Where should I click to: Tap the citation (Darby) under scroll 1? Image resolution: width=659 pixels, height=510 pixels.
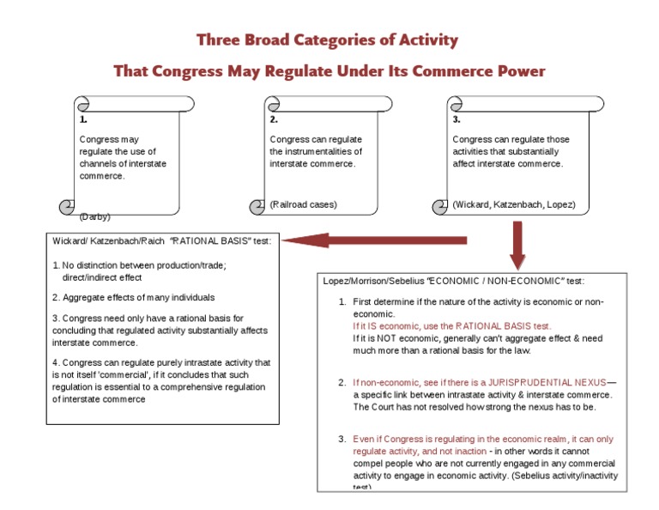tap(94, 216)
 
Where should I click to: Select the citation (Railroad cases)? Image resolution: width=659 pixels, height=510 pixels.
tap(303, 204)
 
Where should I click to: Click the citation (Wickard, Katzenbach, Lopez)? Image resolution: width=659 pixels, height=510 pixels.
tap(514, 204)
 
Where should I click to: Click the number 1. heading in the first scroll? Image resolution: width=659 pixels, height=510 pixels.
tap(83, 120)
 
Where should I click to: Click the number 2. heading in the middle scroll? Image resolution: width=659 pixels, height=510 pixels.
tap(274, 120)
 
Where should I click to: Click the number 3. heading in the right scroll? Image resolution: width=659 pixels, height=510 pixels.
tap(456, 120)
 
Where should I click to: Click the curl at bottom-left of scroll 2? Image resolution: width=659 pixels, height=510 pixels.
tap(257, 206)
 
